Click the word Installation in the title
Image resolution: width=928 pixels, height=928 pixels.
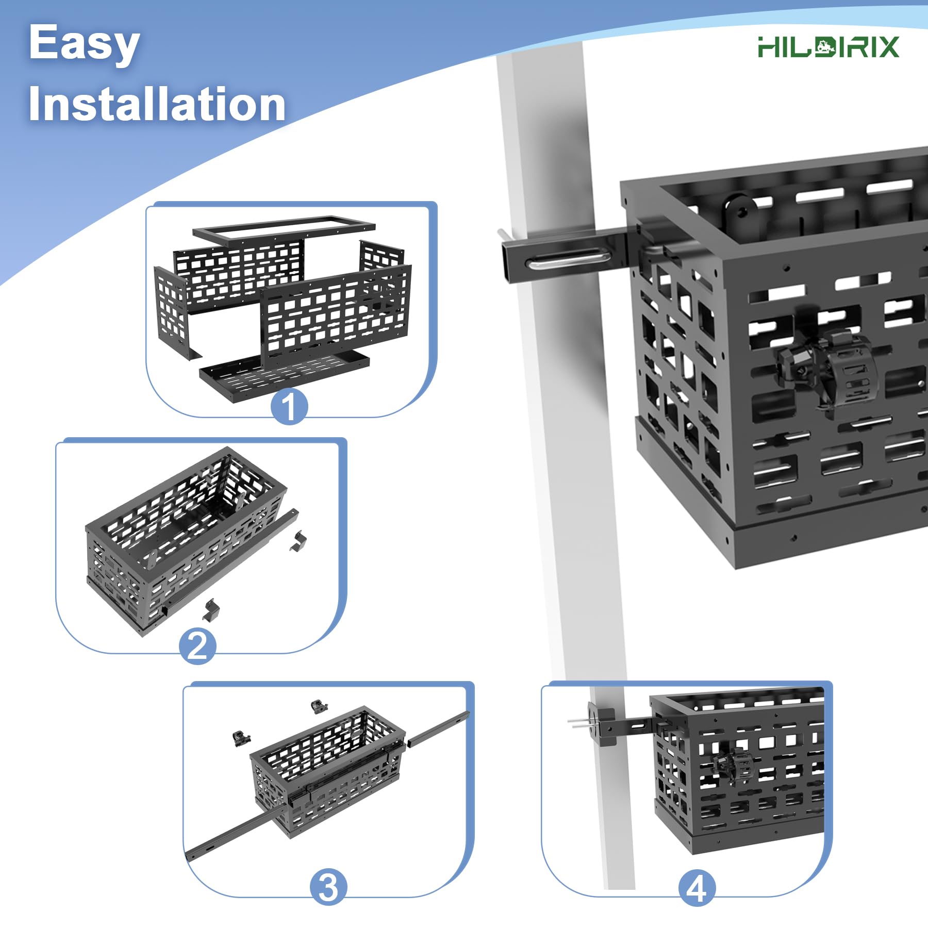(x=157, y=104)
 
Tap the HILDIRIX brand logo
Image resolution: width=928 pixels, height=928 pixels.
(x=828, y=47)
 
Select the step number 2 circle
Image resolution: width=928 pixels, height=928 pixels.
(x=197, y=646)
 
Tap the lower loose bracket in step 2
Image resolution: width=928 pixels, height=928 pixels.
(x=211, y=610)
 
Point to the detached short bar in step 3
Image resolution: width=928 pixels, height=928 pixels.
(x=438, y=729)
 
